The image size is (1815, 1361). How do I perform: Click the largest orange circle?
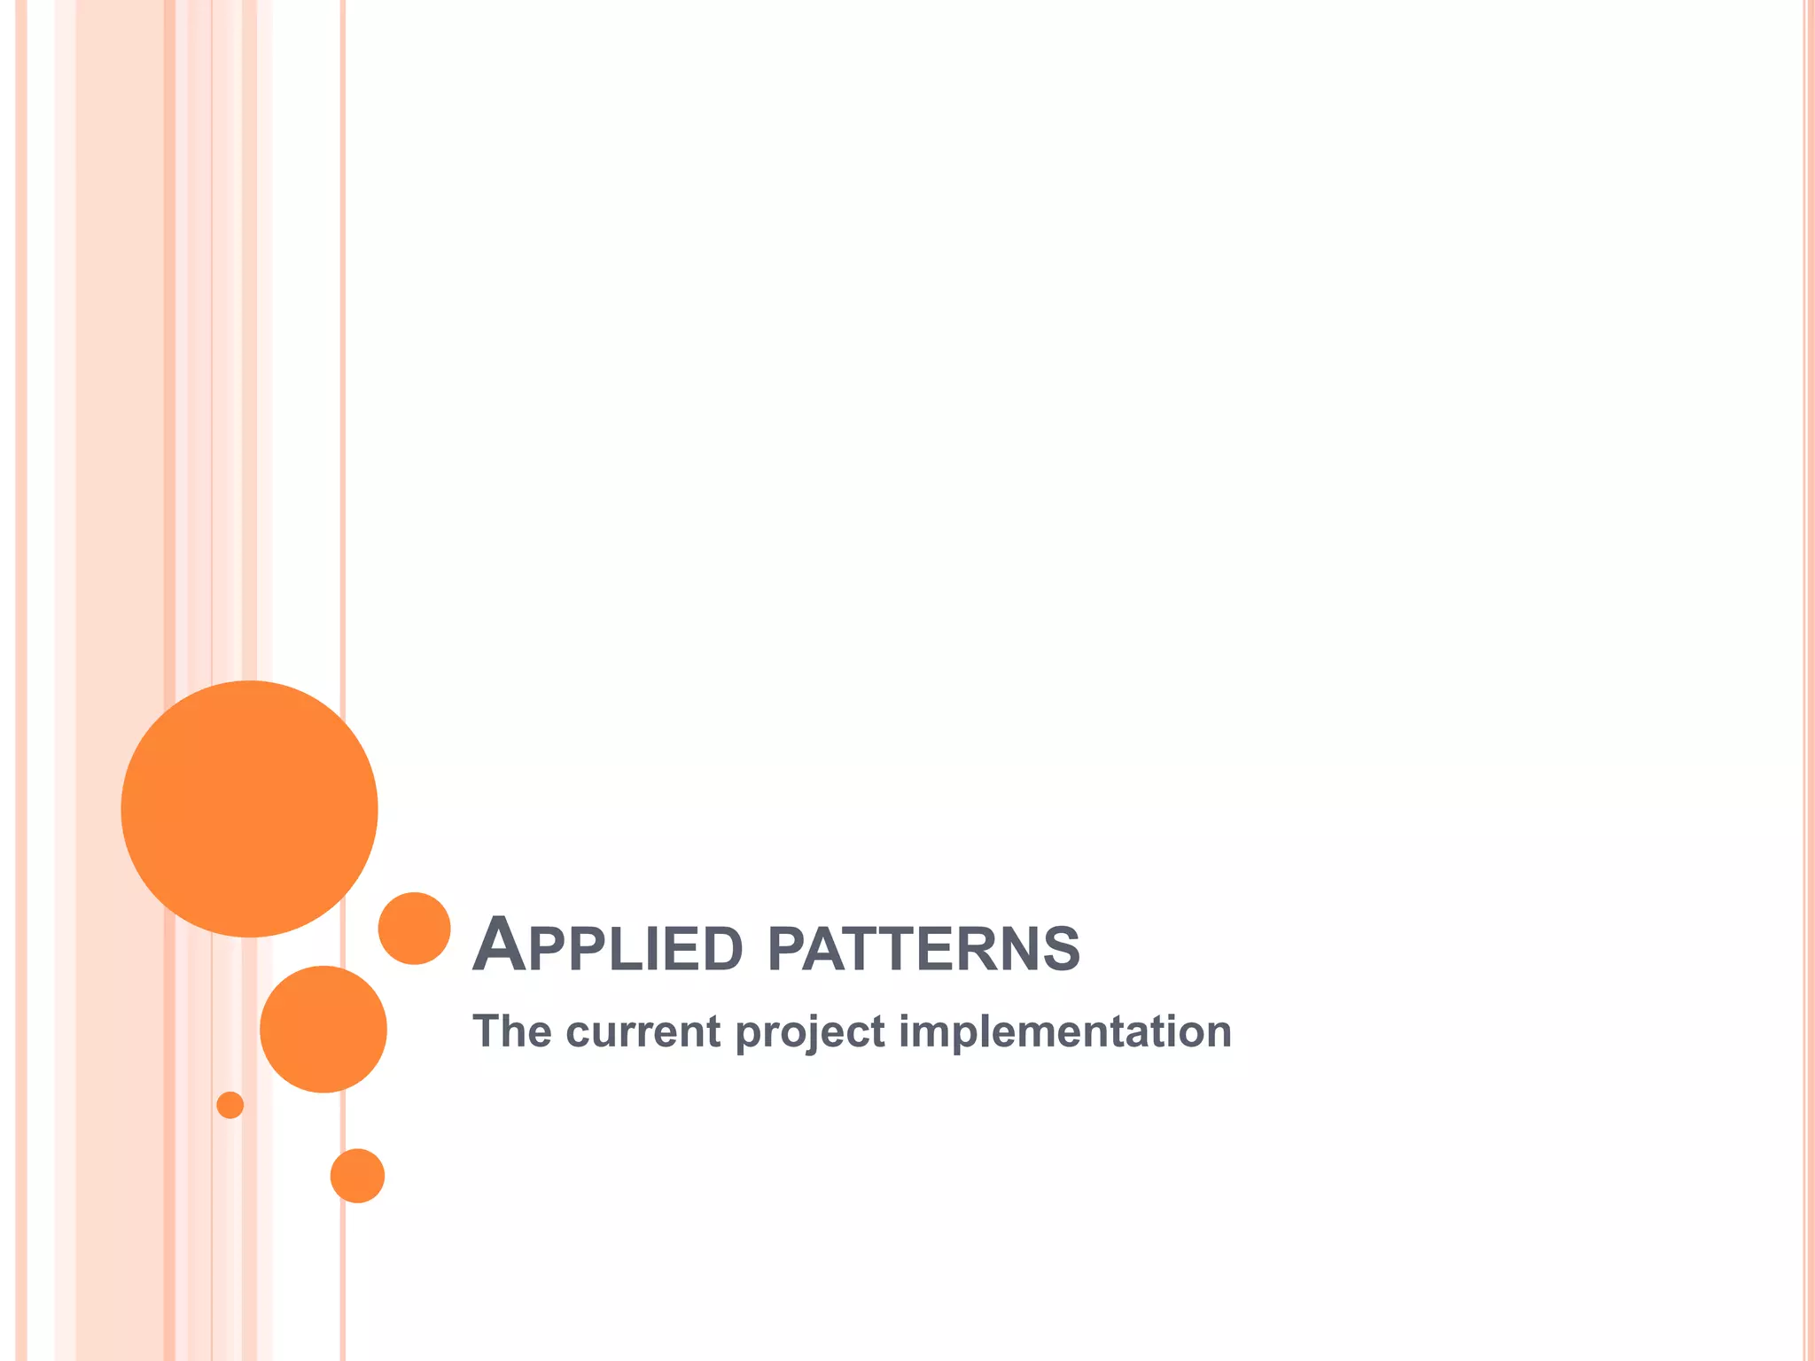click(x=249, y=808)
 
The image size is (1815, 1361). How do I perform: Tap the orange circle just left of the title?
click(x=414, y=928)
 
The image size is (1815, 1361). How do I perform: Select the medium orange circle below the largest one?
click(x=323, y=1029)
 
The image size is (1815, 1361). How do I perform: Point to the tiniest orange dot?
click(x=230, y=1105)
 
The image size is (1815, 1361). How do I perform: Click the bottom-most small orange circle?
click(x=357, y=1176)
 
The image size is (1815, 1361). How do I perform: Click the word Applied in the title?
click(x=607, y=947)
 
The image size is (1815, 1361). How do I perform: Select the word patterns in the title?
click(x=923, y=948)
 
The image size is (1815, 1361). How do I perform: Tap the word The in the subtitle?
click(x=511, y=1031)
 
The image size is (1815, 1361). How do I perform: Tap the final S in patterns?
click(x=1062, y=949)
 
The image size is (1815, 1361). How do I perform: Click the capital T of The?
click(x=487, y=1031)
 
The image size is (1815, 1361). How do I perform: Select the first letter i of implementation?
click(x=905, y=1031)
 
